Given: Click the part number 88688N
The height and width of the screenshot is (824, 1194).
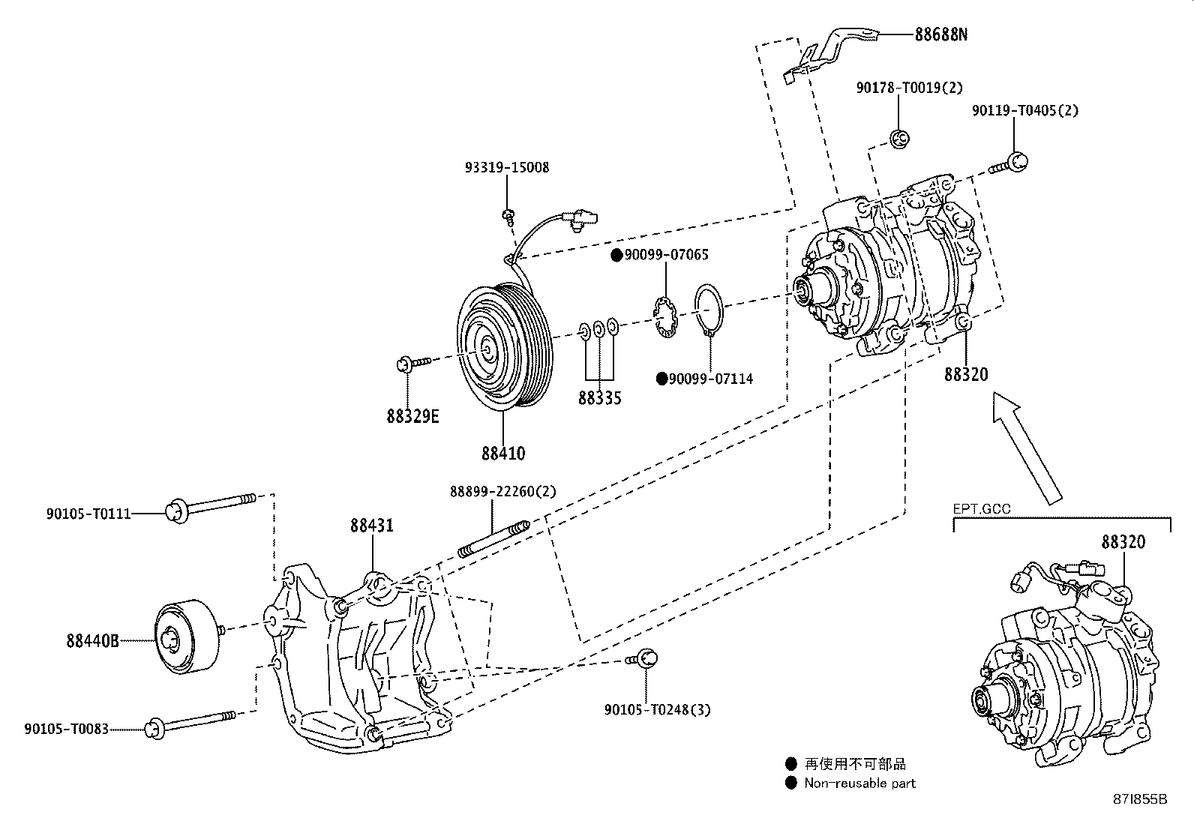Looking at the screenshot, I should [x=940, y=34].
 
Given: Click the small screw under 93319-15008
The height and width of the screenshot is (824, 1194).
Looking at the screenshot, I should [x=508, y=217].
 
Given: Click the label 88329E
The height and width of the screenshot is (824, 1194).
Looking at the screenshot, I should [x=412, y=416].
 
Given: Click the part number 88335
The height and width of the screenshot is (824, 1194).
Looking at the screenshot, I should [x=599, y=398].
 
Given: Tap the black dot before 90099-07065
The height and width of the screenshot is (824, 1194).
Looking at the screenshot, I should [x=616, y=256].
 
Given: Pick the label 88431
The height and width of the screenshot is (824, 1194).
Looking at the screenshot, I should [x=371, y=526].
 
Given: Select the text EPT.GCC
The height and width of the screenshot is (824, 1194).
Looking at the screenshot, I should [x=981, y=509].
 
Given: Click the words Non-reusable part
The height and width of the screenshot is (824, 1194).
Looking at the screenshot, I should [x=859, y=784].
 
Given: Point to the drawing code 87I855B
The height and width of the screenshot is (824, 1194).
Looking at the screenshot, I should [x=1141, y=799].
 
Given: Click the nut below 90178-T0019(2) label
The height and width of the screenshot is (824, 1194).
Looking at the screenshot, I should [x=900, y=137].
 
